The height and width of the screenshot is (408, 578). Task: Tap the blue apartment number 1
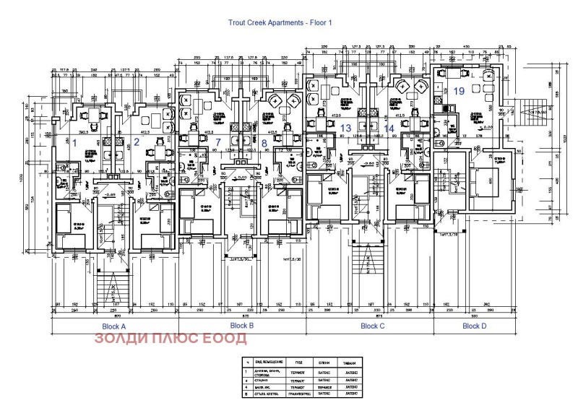click(74, 142)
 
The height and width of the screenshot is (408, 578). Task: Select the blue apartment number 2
click(136, 142)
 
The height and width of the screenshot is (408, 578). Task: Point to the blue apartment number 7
click(217, 142)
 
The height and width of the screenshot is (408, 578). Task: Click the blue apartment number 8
click(264, 142)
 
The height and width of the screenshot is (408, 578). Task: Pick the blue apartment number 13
click(346, 128)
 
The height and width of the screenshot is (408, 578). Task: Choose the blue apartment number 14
click(389, 128)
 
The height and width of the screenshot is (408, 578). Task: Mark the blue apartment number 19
click(460, 91)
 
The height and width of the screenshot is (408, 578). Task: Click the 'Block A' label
click(115, 326)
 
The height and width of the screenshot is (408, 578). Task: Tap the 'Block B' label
click(242, 326)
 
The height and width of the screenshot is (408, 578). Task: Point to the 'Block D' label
click(474, 326)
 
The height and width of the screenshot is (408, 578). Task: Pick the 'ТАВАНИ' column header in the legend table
click(350, 361)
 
